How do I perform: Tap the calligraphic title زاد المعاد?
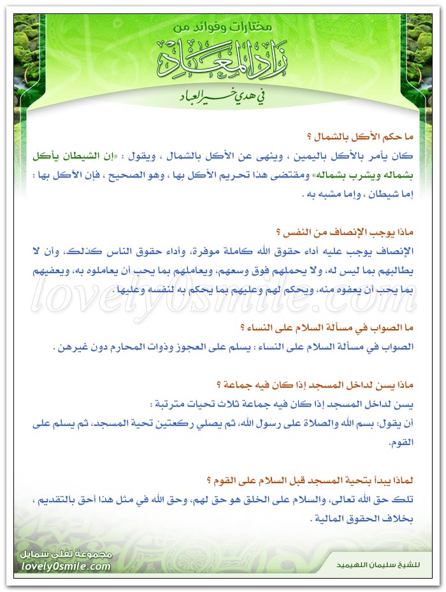[223, 61]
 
